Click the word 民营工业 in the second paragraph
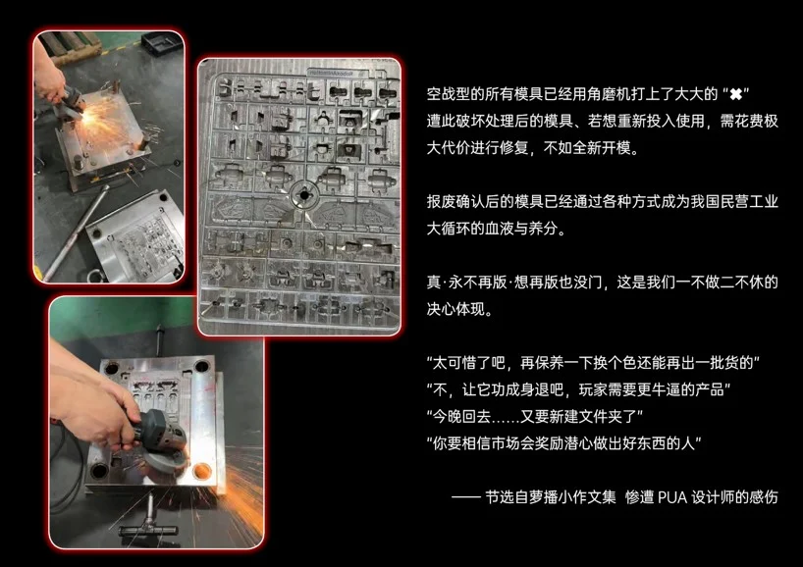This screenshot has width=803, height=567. [749, 202]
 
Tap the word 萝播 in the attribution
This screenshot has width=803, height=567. [543, 497]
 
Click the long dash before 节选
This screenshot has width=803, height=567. [465, 497]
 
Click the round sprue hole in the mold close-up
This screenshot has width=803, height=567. [304, 195]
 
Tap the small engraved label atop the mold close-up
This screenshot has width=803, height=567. [332, 74]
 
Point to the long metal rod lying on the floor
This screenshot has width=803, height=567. [77, 232]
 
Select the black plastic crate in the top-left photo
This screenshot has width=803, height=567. [162, 45]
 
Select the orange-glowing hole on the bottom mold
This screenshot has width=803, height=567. [202, 471]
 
